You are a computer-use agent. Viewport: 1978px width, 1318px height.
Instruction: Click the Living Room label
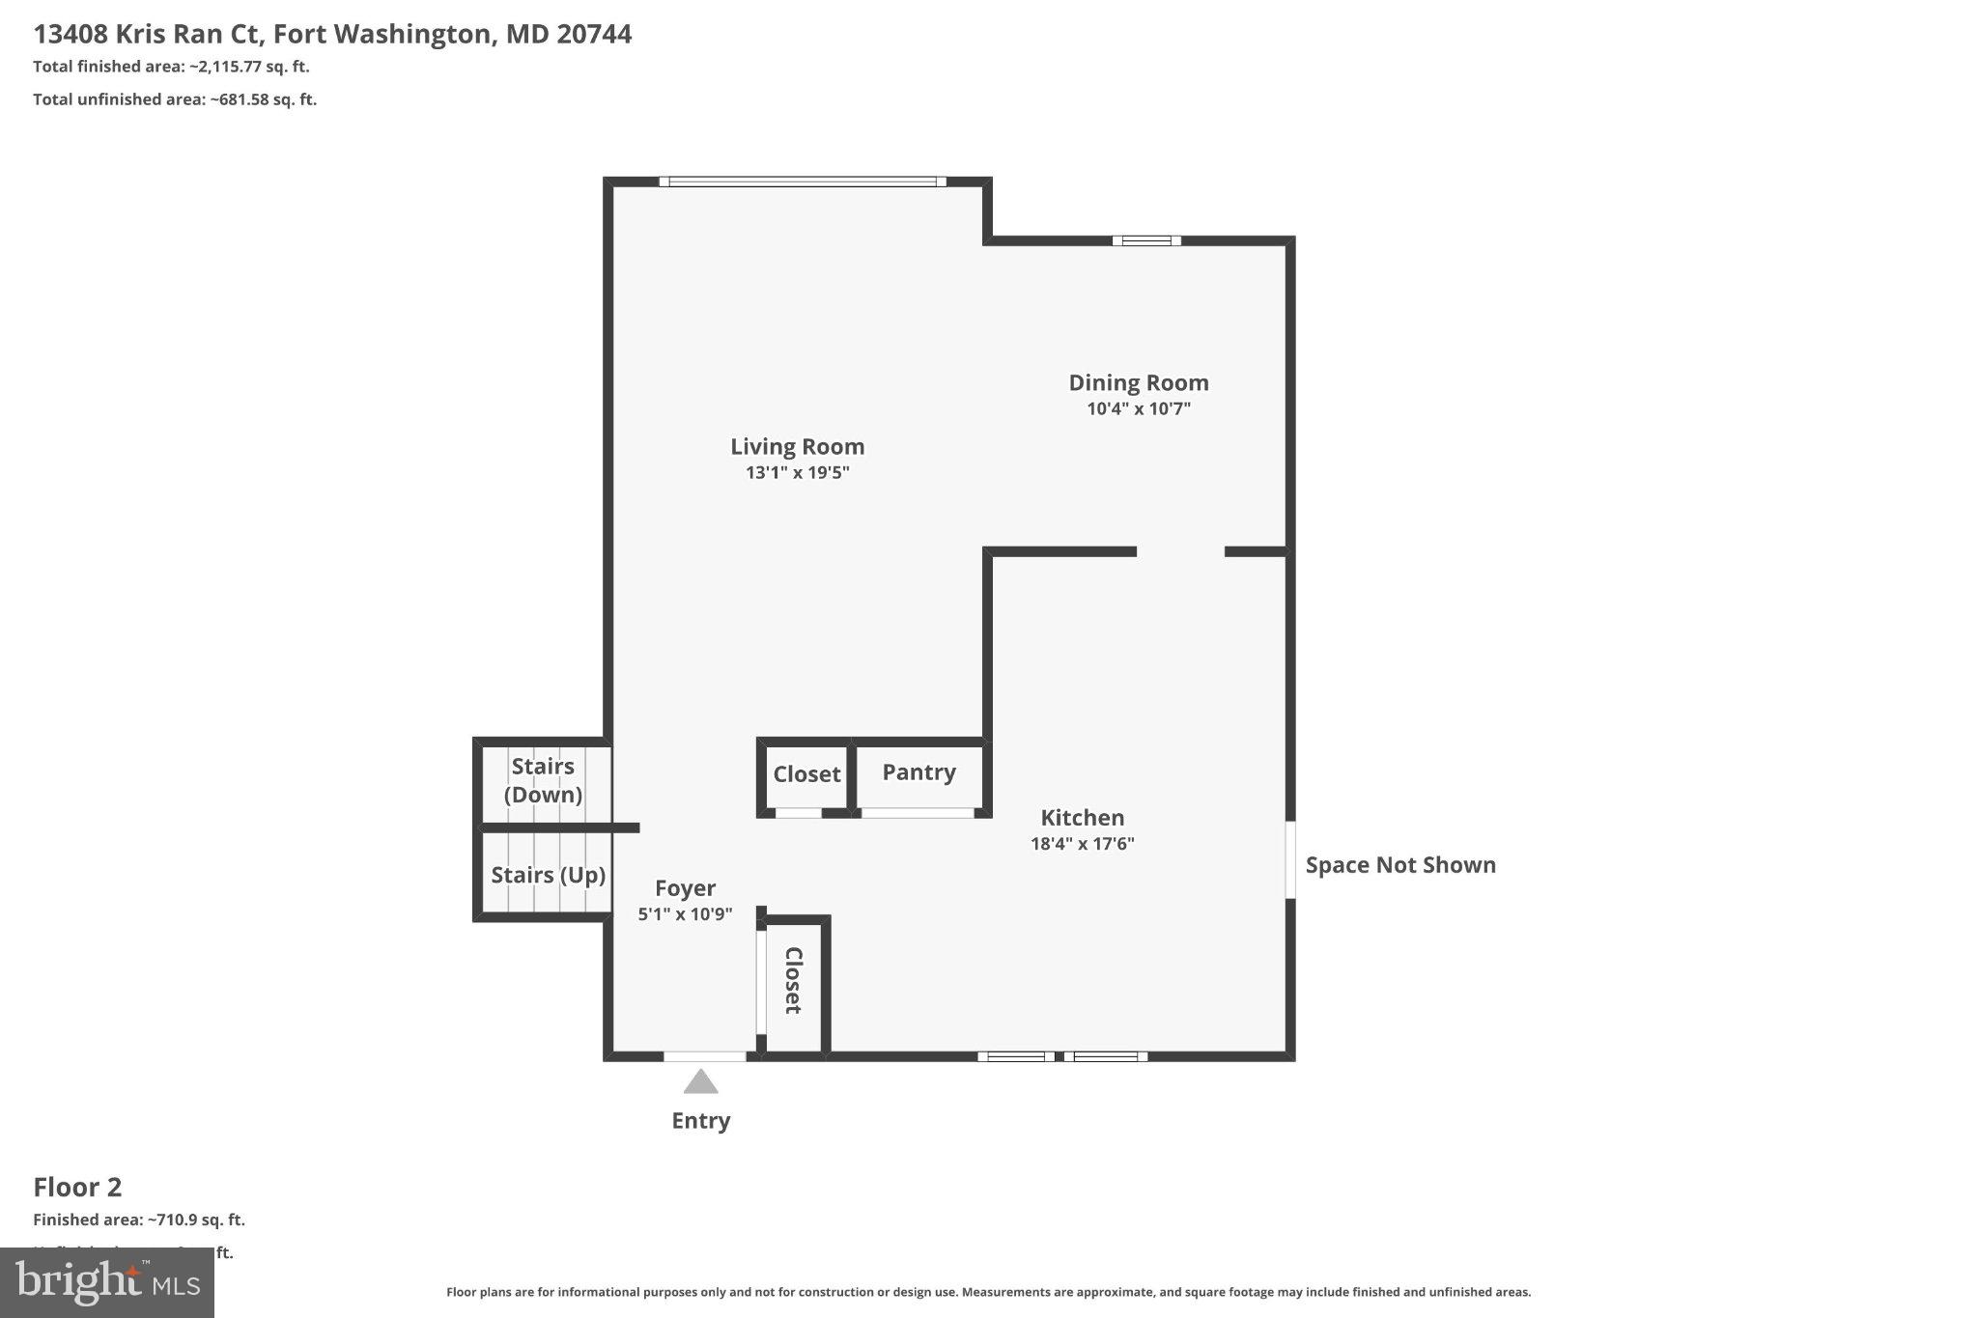click(x=797, y=446)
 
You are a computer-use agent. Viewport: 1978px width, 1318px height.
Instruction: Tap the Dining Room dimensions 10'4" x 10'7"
click(x=1138, y=408)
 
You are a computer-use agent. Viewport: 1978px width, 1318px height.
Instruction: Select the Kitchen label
click(x=1082, y=818)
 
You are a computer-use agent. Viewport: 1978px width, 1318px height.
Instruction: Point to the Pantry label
click(x=918, y=772)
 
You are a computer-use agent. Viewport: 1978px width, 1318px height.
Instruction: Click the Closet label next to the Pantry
click(x=806, y=774)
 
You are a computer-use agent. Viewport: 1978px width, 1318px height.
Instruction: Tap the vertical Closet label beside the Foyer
click(x=793, y=980)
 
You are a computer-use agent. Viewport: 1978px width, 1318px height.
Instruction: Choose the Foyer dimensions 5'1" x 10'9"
click(x=685, y=913)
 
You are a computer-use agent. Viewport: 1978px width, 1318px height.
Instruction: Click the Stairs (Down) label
click(x=543, y=780)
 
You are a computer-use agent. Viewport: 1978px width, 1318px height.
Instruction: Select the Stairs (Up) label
click(x=548, y=875)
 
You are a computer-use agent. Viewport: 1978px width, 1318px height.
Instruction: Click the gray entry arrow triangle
click(x=700, y=1082)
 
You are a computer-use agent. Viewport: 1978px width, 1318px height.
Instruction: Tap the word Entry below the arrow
click(x=700, y=1121)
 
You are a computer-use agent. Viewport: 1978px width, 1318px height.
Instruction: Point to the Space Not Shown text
click(x=1399, y=865)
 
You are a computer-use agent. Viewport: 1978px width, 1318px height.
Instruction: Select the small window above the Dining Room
click(x=1145, y=240)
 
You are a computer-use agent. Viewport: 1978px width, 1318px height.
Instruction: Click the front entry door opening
click(x=704, y=1056)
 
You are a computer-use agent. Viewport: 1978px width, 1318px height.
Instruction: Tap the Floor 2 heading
click(x=77, y=1187)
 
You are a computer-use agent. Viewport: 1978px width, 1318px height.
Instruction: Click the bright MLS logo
click(x=107, y=1282)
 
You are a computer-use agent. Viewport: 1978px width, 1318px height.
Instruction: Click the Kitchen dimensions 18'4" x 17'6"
click(x=1082, y=844)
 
